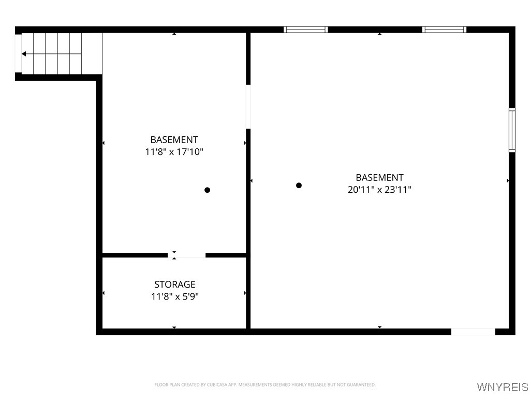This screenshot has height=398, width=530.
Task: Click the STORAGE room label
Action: point(174,285)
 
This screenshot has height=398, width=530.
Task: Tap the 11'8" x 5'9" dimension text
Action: point(174,297)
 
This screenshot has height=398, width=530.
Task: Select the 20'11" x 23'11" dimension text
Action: point(379,190)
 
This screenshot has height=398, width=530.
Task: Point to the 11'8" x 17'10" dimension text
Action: point(174,152)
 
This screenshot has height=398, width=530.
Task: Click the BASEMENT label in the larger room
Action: point(379,177)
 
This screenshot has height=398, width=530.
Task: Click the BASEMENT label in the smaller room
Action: point(174,140)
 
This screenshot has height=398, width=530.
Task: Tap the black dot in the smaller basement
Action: point(207,190)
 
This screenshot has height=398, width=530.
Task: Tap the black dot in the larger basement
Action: point(299,186)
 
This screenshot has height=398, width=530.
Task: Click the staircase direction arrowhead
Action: point(24,53)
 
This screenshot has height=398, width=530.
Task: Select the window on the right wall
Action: point(512,130)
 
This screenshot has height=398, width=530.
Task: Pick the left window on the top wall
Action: point(306,30)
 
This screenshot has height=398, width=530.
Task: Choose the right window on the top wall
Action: point(444,30)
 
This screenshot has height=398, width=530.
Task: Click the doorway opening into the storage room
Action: point(187,255)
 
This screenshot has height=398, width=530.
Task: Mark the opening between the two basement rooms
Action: point(248,106)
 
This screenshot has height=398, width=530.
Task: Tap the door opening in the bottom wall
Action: point(473,332)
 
